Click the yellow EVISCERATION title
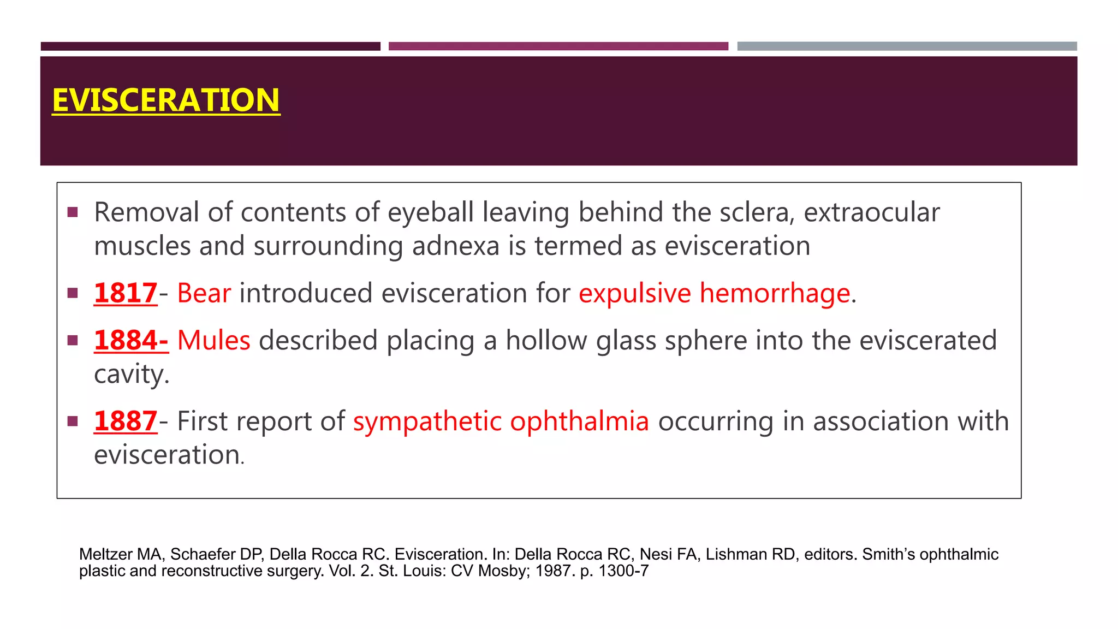(166, 100)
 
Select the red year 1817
(126, 293)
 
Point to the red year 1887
(126, 421)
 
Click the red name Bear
(204, 293)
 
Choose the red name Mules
(214, 341)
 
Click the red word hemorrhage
(775, 293)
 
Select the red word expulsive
(635, 293)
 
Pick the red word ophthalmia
(579, 421)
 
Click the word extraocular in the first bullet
(872, 212)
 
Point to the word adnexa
(456, 246)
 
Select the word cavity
(131, 375)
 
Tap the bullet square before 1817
(73, 293)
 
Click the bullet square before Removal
(73, 212)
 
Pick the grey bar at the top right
(907, 46)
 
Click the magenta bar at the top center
(558, 46)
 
